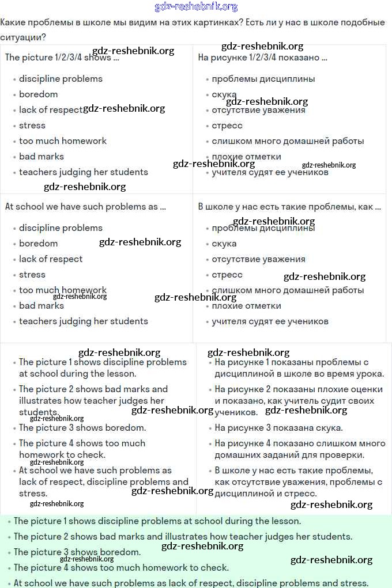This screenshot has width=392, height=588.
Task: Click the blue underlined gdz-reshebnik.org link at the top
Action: click(196, 7)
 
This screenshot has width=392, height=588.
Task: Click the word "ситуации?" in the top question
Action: click(23, 37)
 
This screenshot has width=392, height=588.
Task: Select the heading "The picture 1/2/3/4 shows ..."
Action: click(62, 58)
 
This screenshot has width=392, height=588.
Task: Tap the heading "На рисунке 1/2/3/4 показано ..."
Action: click(262, 58)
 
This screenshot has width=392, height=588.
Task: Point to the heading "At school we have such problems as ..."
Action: click(85, 207)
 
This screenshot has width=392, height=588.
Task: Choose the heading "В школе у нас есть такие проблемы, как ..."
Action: click(289, 207)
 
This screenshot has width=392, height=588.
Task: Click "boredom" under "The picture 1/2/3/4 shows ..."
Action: click(38, 94)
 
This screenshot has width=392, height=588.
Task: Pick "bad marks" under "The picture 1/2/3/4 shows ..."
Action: click(42, 157)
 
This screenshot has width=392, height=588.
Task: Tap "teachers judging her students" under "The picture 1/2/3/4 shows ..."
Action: click(83, 172)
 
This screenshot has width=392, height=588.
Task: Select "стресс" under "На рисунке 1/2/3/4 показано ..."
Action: click(227, 126)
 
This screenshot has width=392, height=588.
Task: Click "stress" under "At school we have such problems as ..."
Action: click(32, 275)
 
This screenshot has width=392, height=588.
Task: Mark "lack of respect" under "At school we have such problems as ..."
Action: click(51, 259)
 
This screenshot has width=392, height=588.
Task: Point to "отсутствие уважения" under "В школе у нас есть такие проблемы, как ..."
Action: click(258, 259)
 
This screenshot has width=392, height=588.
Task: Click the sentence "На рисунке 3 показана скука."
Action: click(278, 428)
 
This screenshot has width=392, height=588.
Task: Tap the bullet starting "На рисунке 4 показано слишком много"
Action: click(300, 449)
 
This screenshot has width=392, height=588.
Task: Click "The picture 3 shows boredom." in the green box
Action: click(77, 552)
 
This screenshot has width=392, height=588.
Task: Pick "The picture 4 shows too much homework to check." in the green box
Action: click(121, 567)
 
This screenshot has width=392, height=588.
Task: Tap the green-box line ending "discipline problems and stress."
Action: click(191, 583)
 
